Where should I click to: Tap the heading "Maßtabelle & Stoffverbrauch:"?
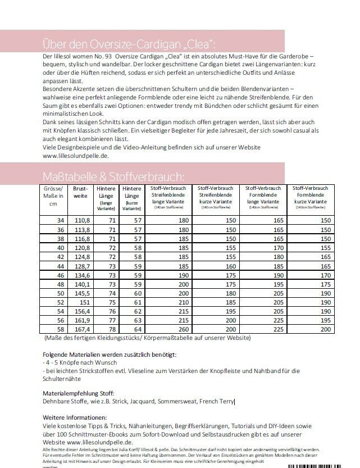tap(113, 175)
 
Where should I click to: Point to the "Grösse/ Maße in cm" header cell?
tap(54, 197)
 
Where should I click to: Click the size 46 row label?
tap(61, 276)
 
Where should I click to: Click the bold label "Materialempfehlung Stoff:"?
tap(78, 393)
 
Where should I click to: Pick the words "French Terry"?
tap(215, 402)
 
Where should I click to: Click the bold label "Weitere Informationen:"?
tap(74, 419)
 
